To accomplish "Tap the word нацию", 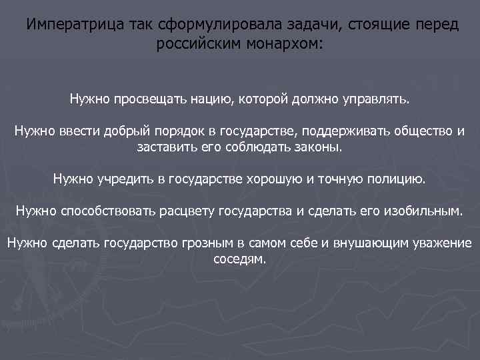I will (x=208, y=100).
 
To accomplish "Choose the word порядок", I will (x=177, y=130).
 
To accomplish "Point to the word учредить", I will (x=127, y=179).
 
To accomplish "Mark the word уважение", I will (x=439, y=243).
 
